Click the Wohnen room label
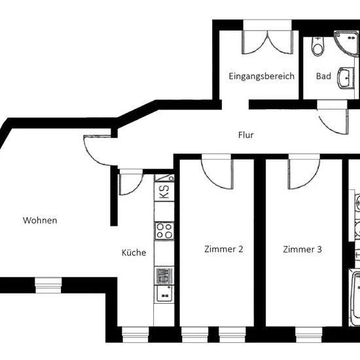[40, 221]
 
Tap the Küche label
[134, 253]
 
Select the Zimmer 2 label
[224, 249]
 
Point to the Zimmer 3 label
[302, 249]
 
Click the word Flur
[246, 135]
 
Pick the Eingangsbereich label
[262, 76]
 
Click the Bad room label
[323, 76]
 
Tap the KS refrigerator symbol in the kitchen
[164, 192]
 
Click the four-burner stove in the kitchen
[164, 231]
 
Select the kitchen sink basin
[164, 295]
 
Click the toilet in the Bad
[317, 46]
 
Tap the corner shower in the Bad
[347, 43]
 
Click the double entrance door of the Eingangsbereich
[268, 42]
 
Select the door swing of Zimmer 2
[217, 174]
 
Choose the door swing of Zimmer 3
[304, 174]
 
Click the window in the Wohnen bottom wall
[48, 285]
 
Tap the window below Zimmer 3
[309, 334]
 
